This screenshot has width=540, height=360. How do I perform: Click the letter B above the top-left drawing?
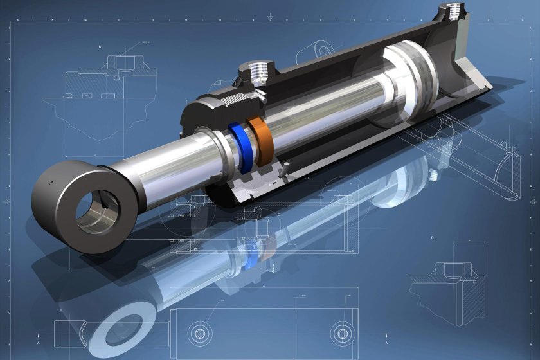tap(100, 47)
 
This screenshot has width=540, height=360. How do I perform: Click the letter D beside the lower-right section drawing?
tap(432, 238)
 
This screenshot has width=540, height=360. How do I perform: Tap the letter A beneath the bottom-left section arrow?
tap(39, 344)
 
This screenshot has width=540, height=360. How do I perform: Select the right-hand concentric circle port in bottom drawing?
tap(340, 332)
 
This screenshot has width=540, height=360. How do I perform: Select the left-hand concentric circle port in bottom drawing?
tap(199, 332)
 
